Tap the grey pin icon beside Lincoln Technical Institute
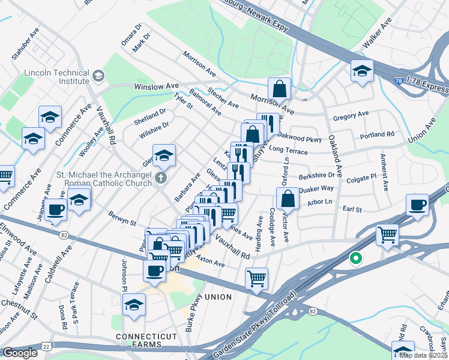(98, 76)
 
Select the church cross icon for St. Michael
(160, 178)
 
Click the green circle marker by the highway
(355, 259)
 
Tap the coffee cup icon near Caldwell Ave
(56, 210)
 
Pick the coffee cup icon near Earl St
(416, 205)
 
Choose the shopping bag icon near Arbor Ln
(288, 199)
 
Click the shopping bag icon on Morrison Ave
(279, 89)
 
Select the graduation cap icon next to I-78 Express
(362, 71)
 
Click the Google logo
(20, 353)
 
